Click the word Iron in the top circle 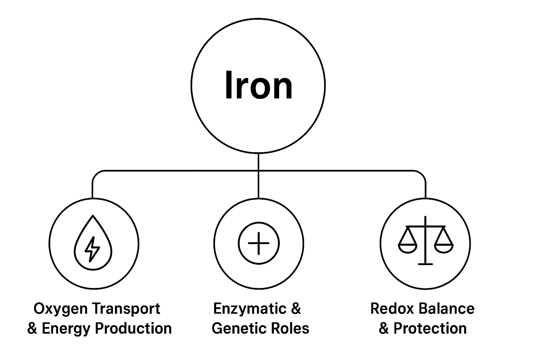(x=258, y=85)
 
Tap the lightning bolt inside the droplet (x=92, y=249)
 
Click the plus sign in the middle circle (x=258, y=243)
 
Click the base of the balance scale (x=425, y=263)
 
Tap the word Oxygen (x=60, y=309)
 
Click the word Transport (x=127, y=309)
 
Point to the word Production (x=134, y=328)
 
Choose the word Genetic (x=235, y=328)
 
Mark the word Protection (x=430, y=328)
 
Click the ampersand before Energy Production (x=32, y=329)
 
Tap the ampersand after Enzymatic (x=296, y=309)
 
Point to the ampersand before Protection (x=384, y=329)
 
